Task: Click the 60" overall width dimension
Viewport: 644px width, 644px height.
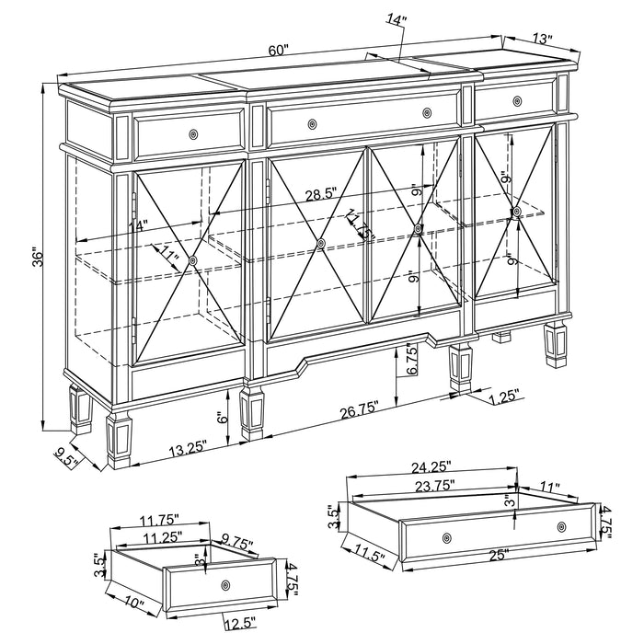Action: tap(279, 51)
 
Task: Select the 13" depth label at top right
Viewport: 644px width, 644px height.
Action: tap(542, 40)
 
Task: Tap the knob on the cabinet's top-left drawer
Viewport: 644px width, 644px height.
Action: tap(192, 135)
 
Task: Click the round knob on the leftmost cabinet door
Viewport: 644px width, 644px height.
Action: tap(192, 261)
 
